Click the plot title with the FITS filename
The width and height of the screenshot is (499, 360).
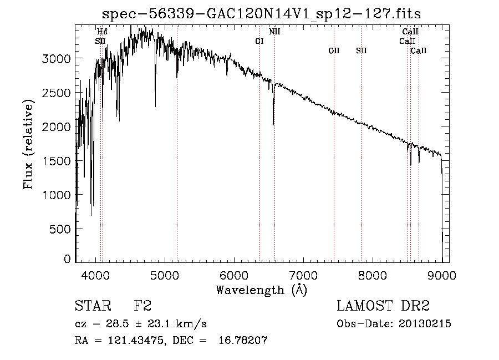coord(266,13)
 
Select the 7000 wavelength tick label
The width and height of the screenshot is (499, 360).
coord(303,274)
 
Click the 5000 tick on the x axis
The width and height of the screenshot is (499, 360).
coord(165,274)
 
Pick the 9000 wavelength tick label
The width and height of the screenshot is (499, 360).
coord(442,274)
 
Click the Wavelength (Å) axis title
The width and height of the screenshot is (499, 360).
coord(261,290)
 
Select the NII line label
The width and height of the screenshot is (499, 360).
coord(274,32)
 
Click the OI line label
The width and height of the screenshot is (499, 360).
coord(259,41)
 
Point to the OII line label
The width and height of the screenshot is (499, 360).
coord(334,50)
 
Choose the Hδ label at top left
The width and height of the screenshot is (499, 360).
coord(102,32)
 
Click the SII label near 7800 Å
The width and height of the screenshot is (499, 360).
coord(361,50)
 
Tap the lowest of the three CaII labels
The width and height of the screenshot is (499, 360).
coord(419,50)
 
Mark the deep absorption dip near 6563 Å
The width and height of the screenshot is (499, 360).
coord(273,119)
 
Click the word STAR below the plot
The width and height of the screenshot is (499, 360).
coord(91,306)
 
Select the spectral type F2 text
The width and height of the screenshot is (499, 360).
coord(142,306)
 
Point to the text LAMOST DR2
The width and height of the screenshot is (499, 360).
coord(383,306)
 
